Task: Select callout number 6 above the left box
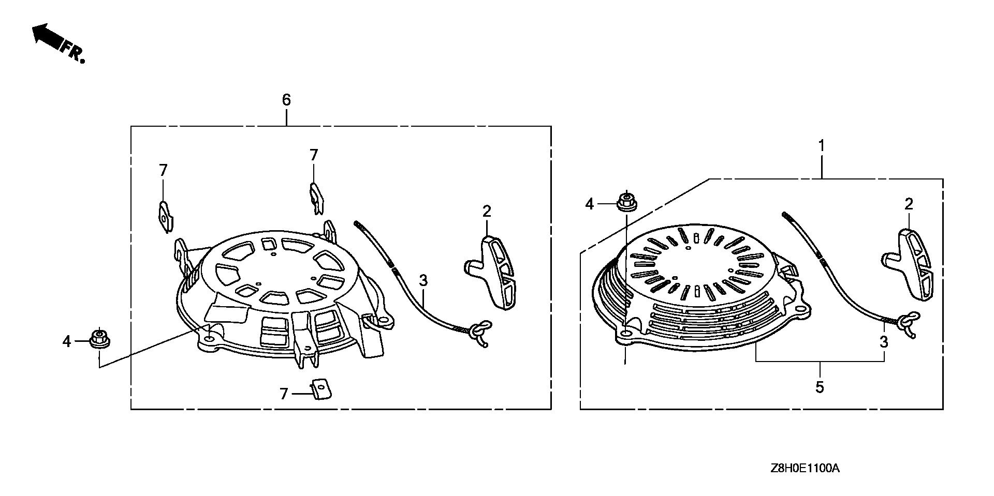pyautogui.click(x=286, y=99)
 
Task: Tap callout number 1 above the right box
pyautogui.click(x=821, y=145)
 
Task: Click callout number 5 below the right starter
pyautogui.click(x=820, y=387)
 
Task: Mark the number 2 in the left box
pyautogui.click(x=487, y=211)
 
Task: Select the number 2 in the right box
pyautogui.click(x=909, y=204)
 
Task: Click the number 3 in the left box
pyautogui.click(x=423, y=281)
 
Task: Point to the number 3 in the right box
pyautogui.click(x=884, y=342)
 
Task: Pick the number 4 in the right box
pyautogui.click(x=589, y=204)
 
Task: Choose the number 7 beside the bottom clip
pyautogui.click(x=283, y=395)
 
